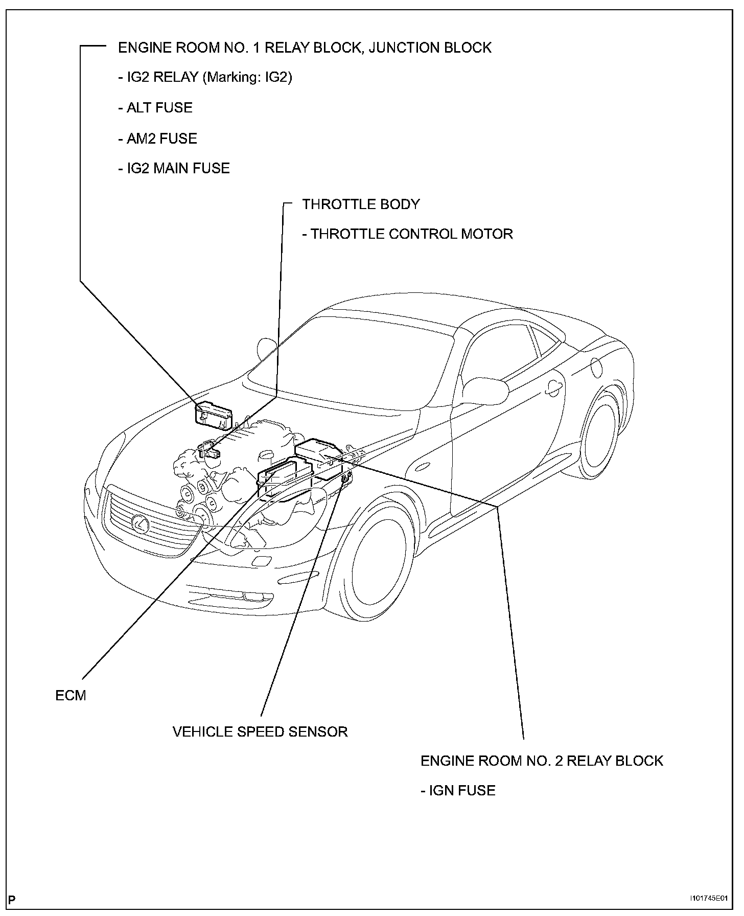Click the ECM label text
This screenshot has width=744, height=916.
click(x=71, y=696)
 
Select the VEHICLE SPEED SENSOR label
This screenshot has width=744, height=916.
click(x=260, y=731)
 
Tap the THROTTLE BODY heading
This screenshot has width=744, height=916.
click(x=361, y=204)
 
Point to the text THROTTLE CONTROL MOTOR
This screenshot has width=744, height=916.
click(x=407, y=234)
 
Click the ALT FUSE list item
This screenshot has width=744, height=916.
click(x=155, y=108)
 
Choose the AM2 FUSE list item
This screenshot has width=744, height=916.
click(x=157, y=139)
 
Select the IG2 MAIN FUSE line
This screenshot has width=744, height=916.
click(x=174, y=168)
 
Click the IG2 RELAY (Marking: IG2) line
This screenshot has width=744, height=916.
click(x=205, y=77)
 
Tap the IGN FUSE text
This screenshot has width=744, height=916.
click(x=458, y=790)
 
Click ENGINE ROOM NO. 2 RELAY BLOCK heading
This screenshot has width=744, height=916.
click(x=542, y=761)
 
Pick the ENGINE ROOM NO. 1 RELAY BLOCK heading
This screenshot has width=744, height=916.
click(x=305, y=48)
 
